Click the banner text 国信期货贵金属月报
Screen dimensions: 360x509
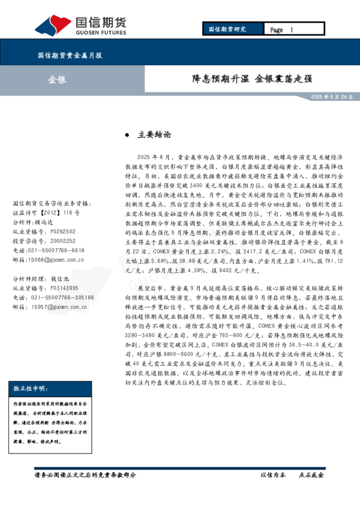[x=70, y=55]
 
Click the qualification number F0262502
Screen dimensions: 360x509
[x=63, y=232]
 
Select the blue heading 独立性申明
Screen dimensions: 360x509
[x=30, y=388]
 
